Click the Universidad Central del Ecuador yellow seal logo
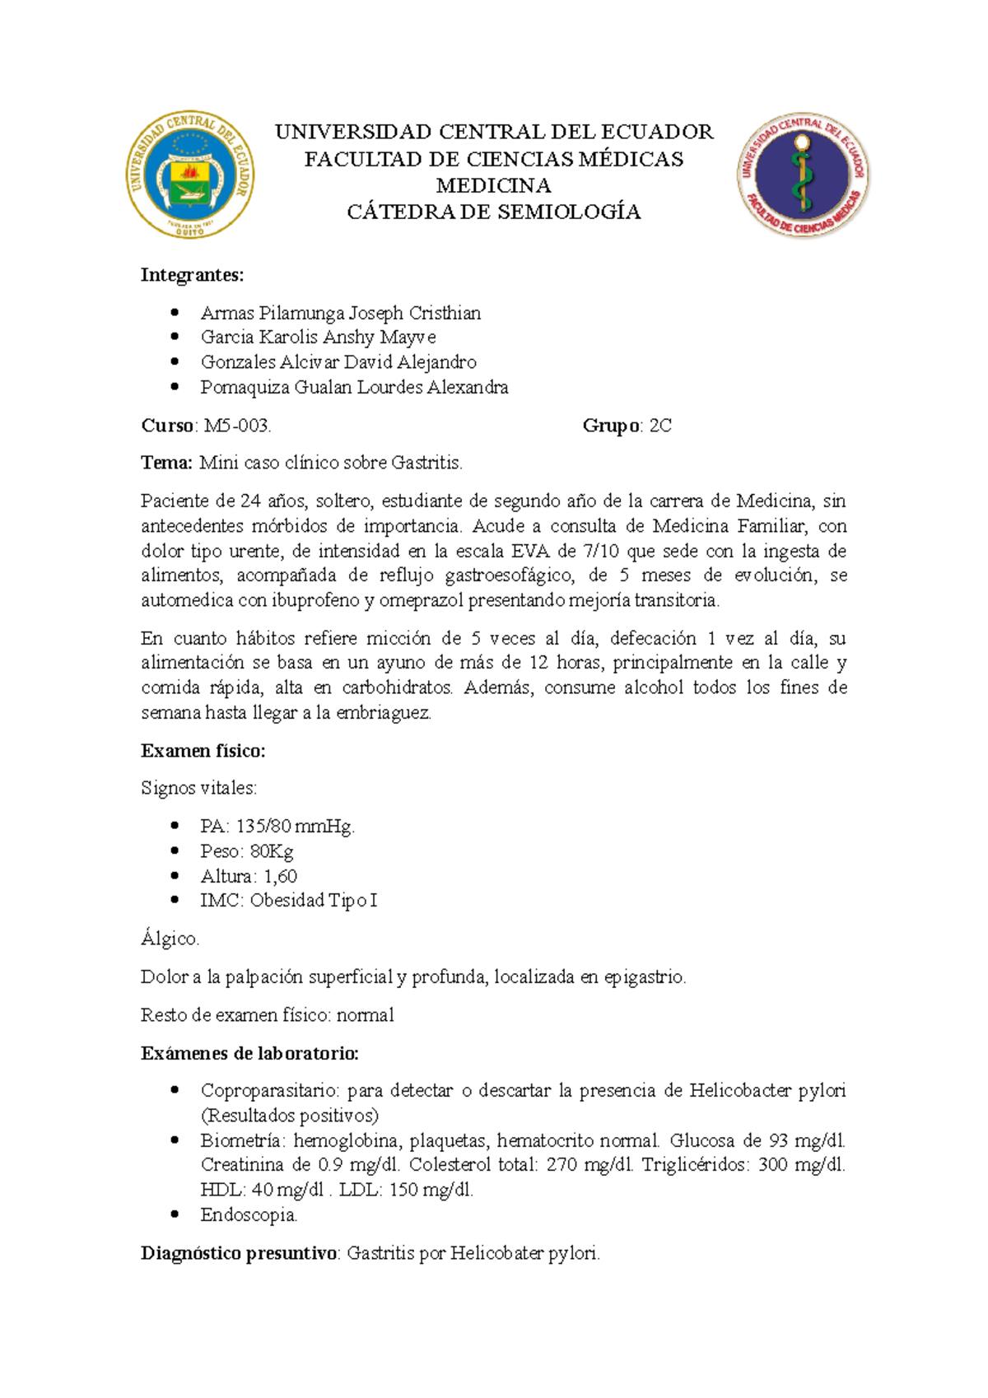coord(189,175)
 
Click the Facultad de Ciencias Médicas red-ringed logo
coord(803,175)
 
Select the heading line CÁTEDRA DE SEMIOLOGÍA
coord(493,212)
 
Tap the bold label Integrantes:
coord(192,275)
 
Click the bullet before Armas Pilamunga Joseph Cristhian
coord(174,313)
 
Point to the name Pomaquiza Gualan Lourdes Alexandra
coord(354,387)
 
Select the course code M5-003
coord(236,426)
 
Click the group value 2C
coord(660,426)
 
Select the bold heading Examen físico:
coord(203,751)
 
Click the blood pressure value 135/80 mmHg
coord(295,826)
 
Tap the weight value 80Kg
coord(272,850)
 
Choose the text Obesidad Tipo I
coord(313,900)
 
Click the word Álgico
coord(170,939)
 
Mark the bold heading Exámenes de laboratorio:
coord(249,1053)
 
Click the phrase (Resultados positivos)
coord(290,1116)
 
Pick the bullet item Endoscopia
coord(249,1214)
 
